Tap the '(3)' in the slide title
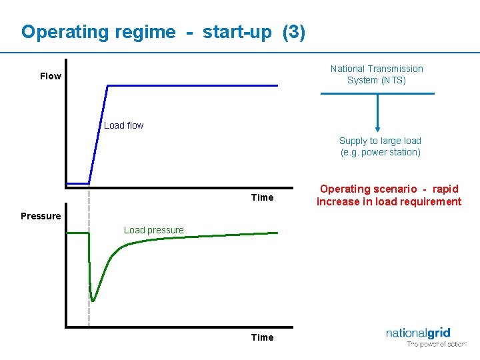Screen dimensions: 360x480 294,32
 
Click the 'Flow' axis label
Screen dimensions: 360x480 51,76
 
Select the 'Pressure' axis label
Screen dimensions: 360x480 41,216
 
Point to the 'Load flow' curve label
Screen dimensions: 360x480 123,125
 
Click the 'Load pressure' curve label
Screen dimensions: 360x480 153,230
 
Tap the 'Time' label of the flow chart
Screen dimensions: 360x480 262,197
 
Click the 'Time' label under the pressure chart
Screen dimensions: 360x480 262,337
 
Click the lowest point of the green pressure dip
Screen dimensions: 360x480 93,300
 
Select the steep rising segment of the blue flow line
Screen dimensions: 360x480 99,133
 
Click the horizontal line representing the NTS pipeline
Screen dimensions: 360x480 377,94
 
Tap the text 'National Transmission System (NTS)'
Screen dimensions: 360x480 377,74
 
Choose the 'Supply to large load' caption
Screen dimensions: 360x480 380,141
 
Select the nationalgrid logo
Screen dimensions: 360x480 418,333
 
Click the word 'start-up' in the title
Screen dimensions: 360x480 237,32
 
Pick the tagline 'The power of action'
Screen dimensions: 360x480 437,344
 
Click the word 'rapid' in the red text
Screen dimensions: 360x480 445,189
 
